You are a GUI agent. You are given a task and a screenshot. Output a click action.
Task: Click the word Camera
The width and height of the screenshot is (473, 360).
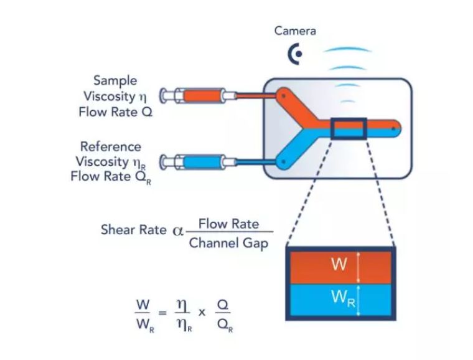[295, 31]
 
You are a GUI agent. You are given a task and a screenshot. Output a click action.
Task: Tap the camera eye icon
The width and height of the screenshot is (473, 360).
[295, 55]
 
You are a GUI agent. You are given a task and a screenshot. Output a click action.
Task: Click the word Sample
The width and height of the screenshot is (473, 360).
[115, 80]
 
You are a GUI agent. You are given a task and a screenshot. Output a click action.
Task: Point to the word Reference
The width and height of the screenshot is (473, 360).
[111, 146]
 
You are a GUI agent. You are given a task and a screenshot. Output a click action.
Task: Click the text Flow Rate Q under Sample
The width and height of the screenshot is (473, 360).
[115, 113]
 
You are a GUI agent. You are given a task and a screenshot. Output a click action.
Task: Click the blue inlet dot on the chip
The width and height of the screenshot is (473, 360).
[283, 163]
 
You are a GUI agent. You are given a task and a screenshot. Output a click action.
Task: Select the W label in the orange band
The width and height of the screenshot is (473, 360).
[339, 264]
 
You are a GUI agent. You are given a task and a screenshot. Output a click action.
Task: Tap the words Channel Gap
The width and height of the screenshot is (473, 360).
[228, 244]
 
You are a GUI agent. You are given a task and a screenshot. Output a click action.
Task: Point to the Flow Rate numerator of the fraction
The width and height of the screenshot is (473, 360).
[229, 223]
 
